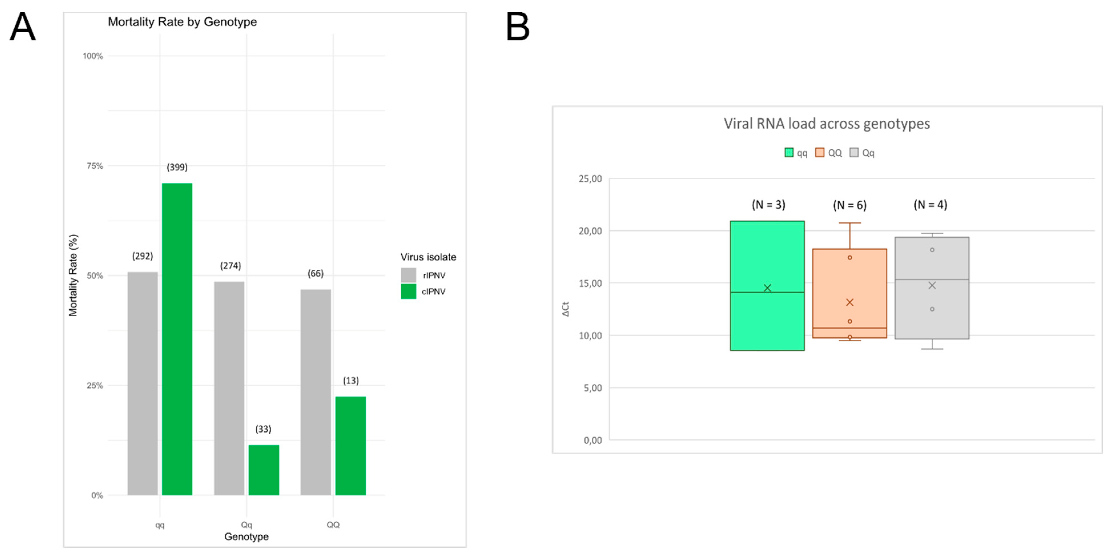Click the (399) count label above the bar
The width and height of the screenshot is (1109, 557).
[x=177, y=167]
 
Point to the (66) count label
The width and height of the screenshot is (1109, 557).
[x=316, y=273]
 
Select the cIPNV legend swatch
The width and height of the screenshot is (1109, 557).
[x=408, y=291]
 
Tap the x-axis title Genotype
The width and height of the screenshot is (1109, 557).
[x=246, y=536]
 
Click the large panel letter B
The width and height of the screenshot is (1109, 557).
[x=517, y=27]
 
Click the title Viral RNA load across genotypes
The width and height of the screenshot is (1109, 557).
[x=826, y=124]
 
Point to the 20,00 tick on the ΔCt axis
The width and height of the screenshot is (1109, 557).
[x=590, y=231]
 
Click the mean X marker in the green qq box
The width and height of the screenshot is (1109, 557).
[x=767, y=288]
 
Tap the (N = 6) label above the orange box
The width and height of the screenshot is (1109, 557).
[x=849, y=205]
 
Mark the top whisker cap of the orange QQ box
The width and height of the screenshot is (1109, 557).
[x=849, y=223]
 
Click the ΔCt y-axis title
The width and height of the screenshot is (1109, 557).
[x=566, y=309]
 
